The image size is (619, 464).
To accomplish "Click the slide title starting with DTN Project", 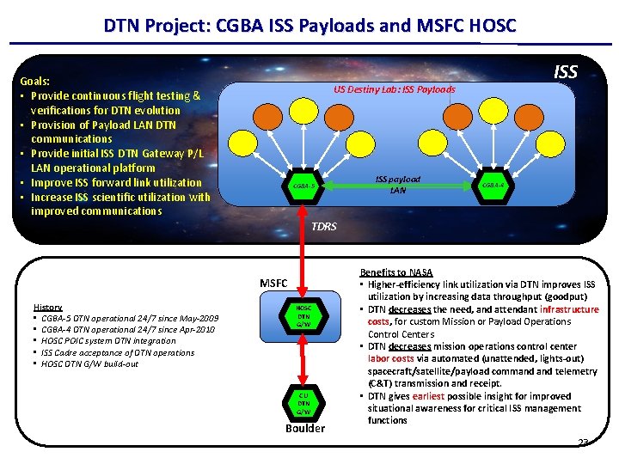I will [x=309, y=26].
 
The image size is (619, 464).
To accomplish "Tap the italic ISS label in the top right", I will [x=566, y=72].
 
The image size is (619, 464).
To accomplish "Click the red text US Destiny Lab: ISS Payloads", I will [x=395, y=89].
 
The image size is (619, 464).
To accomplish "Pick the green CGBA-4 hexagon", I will [x=493, y=185].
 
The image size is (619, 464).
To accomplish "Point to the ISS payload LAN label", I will [x=398, y=184].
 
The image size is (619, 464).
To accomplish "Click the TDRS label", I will [x=324, y=227].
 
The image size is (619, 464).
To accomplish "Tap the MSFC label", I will [x=274, y=284].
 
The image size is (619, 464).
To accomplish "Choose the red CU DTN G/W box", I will [x=303, y=401].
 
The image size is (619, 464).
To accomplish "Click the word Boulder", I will [x=305, y=428].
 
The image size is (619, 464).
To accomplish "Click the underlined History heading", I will [x=47, y=307].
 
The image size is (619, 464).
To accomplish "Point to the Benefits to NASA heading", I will [x=396, y=272].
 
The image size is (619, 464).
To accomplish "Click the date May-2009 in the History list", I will [x=198, y=318].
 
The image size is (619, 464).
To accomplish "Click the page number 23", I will [x=583, y=442].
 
